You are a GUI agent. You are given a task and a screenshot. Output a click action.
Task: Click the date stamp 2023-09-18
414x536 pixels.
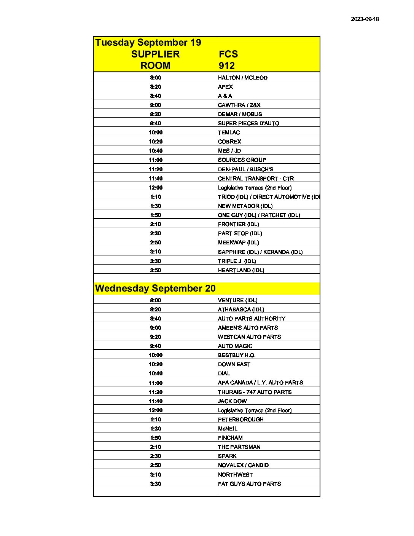tap(365, 19)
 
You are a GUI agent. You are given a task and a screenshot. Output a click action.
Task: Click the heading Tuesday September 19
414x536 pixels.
tap(148, 43)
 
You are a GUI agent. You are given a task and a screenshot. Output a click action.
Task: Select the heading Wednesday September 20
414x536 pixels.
tap(155, 289)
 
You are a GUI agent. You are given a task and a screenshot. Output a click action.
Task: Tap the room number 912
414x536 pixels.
tap(227, 66)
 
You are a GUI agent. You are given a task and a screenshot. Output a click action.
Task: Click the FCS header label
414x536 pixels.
tap(228, 54)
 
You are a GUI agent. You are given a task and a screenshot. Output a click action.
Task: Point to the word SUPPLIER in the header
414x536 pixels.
tap(155, 54)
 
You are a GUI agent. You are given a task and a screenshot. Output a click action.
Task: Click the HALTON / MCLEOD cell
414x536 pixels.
tap(243, 78)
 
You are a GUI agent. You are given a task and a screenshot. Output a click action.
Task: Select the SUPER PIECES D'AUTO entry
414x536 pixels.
tap(248, 123)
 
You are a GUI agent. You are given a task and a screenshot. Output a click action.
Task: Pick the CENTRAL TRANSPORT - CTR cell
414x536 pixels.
tap(256, 179)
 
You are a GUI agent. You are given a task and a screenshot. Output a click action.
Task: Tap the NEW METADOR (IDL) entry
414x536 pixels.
tap(245, 206)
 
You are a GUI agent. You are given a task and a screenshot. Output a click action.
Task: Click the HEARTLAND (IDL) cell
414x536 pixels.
tap(241, 270)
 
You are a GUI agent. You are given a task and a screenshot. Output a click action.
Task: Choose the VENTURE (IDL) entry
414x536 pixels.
tap(237, 300)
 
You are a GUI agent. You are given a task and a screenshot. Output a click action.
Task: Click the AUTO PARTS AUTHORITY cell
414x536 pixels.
tap(252, 319)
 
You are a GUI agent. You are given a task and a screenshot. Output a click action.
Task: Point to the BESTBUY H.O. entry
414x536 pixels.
tap(237, 355)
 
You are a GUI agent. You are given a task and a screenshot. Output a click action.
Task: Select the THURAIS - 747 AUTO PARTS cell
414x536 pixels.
tap(255, 392)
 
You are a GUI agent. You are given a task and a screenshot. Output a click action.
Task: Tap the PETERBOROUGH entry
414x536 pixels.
tap(240, 420)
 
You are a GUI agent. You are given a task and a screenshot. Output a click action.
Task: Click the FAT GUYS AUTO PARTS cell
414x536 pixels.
tap(249, 484)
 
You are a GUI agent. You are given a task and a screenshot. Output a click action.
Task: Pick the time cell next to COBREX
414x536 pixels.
tap(155, 142)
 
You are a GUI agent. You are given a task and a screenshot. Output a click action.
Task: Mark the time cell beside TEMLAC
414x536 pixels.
tap(155, 132)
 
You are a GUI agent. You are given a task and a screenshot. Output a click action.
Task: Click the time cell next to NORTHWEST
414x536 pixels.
tap(155, 475)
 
